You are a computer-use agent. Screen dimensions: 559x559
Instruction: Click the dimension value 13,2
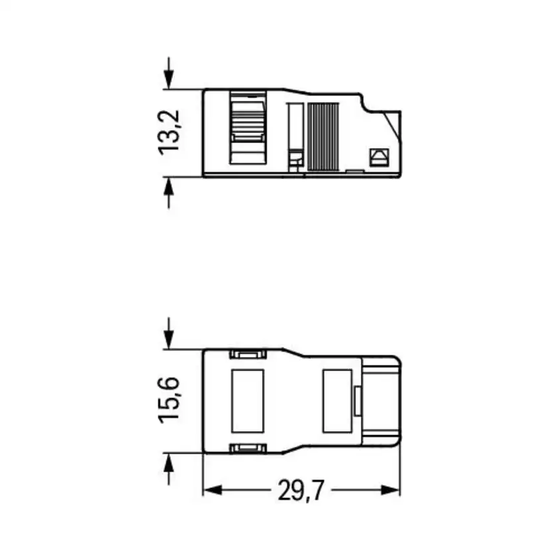[169, 132]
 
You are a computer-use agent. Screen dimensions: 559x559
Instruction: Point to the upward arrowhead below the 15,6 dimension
[170, 461]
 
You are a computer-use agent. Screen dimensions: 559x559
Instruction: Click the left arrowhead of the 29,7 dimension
[211, 491]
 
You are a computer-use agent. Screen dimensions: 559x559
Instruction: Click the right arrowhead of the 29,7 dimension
[393, 491]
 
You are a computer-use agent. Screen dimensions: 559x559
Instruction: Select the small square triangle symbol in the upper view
[379, 156]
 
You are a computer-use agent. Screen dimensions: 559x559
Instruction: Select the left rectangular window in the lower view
[247, 401]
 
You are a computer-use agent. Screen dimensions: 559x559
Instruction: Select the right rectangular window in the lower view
[336, 401]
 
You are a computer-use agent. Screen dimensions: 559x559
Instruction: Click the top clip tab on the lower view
[248, 354]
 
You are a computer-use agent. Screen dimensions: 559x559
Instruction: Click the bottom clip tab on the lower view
[248, 449]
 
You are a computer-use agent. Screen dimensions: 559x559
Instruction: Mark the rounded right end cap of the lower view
[382, 401]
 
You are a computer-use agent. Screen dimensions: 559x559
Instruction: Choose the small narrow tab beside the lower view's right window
[357, 401]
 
